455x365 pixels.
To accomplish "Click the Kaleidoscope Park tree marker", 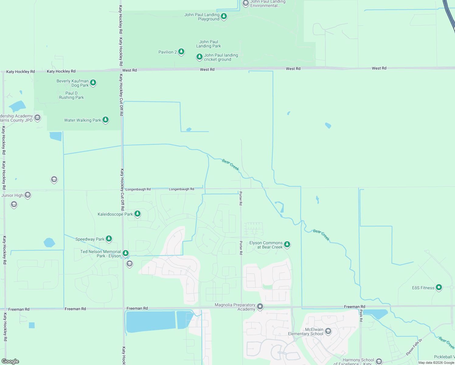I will point(137,214).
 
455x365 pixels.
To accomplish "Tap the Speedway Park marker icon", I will point(109,239).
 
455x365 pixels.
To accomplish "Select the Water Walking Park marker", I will point(106,120).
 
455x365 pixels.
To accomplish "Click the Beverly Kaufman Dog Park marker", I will point(93,82).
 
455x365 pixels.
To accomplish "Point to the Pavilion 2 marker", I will point(181,52).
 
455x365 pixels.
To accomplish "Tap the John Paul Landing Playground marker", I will point(224,16).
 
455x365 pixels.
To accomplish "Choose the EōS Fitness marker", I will point(439,287).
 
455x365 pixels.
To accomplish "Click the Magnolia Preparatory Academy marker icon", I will point(260,306).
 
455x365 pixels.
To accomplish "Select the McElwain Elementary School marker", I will point(328,331).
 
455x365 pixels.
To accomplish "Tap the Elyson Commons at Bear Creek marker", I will point(287,244).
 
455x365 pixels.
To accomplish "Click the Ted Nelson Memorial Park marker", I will point(125,253).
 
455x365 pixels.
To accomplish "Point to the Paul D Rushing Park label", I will point(71,95).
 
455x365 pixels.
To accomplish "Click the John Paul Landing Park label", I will point(209,44).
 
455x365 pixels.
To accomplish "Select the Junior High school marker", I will point(28,195).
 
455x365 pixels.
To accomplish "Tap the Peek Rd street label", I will point(361,315).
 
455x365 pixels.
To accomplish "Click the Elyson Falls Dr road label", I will point(414,347).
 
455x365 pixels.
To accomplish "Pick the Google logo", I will point(10,361).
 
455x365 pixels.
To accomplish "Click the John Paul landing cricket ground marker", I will point(199,57).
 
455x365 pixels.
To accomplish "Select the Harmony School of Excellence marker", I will point(379,361).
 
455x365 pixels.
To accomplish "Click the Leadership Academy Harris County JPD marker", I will point(37,117).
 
